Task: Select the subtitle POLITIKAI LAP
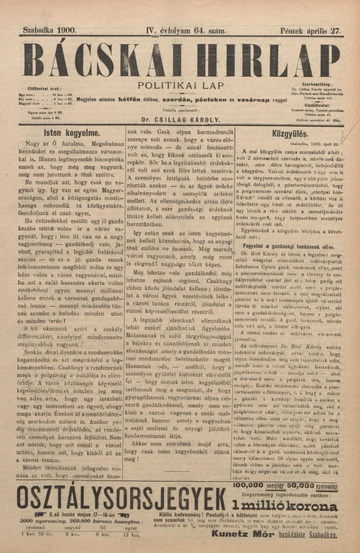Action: [181, 86]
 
